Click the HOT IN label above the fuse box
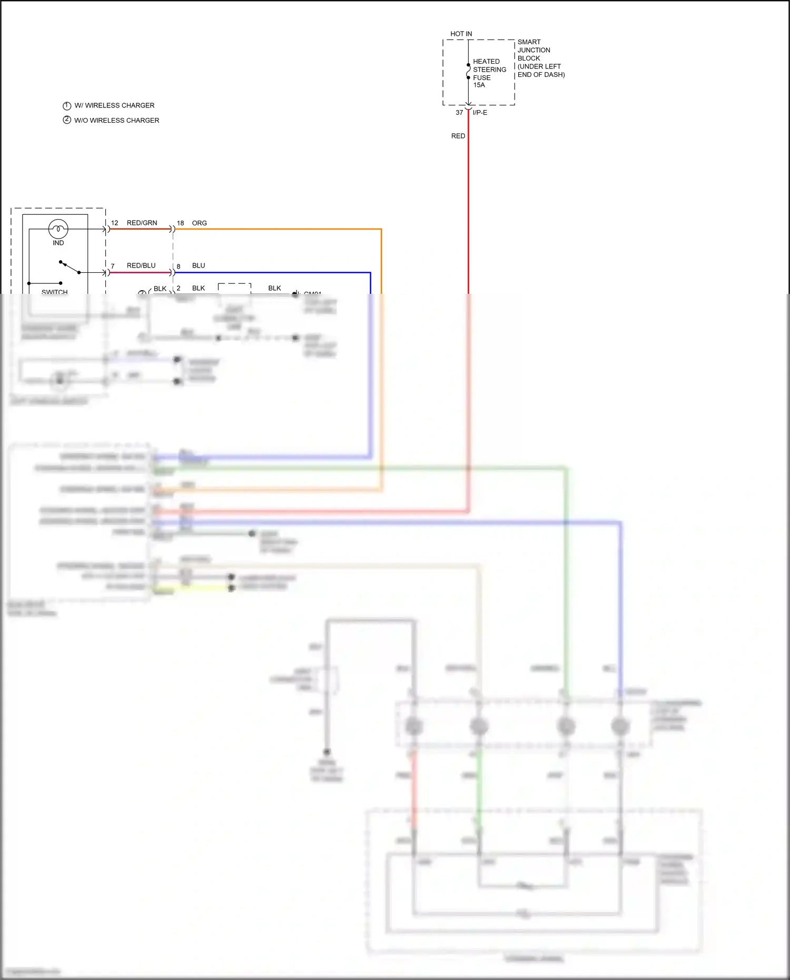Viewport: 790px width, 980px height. [461, 34]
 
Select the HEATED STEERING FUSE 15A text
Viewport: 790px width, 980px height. [489, 73]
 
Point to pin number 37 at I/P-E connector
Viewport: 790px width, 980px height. [459, 113]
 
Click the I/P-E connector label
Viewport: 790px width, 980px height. [480, 113]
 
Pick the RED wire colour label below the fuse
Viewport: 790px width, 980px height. [458, 136]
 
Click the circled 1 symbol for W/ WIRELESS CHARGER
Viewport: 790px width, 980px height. [67, 106]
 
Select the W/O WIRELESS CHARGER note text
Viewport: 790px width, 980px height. [116, 121]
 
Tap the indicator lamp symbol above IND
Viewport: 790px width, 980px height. [58, 229]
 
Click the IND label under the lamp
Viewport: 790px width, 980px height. [58, 243]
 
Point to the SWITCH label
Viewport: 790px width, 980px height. [54, 291]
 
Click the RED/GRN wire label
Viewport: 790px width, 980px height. [142, 223]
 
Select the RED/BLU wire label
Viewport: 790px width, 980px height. [141, 265]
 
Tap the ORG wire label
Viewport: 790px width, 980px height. [199, 223]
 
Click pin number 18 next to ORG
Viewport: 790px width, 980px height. [180, 223]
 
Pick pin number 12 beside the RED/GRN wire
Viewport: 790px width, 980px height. [114, 223]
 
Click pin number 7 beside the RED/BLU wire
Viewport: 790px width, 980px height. [113, 266]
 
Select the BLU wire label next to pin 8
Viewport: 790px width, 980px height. [199, 265]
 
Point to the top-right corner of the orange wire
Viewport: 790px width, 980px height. [381, 230]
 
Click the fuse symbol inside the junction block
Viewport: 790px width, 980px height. [468, 71]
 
